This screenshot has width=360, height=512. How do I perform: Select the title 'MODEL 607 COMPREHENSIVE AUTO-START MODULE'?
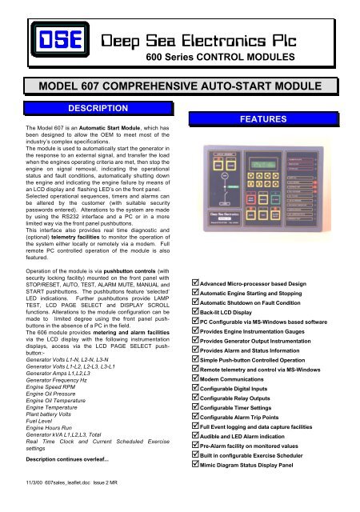[x=178, y=85]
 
